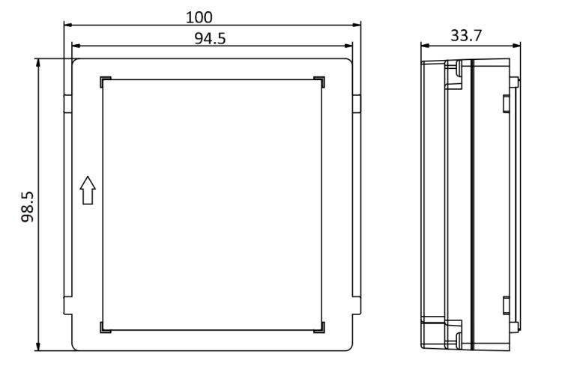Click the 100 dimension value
199,17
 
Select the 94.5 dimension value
210,38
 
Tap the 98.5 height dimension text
27,207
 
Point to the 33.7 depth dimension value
466,35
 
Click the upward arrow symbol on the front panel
88,190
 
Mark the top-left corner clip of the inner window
106,82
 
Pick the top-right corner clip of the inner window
319,82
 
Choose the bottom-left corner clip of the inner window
106,327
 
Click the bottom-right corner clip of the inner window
319,327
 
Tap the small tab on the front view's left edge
68,104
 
